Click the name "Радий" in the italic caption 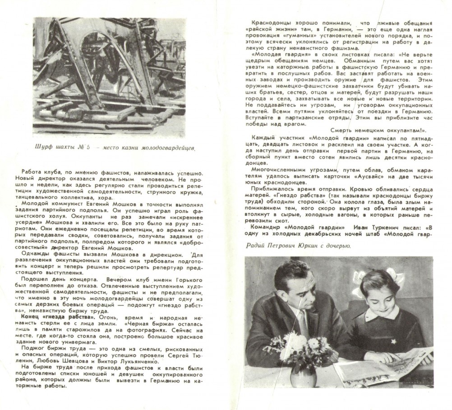[x=256, y=246]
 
